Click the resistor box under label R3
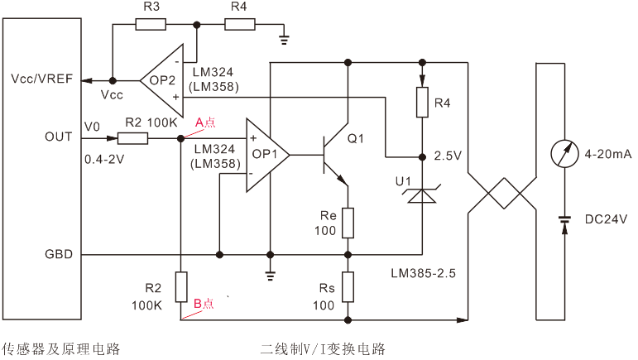coord(151,24)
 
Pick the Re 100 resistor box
coord(348,222)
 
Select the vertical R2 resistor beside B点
coord(180,286)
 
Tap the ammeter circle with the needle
coord(565,155)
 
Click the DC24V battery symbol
coord(565,221)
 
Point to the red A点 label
coord(204,122)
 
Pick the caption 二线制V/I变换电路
coord(322,348)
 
